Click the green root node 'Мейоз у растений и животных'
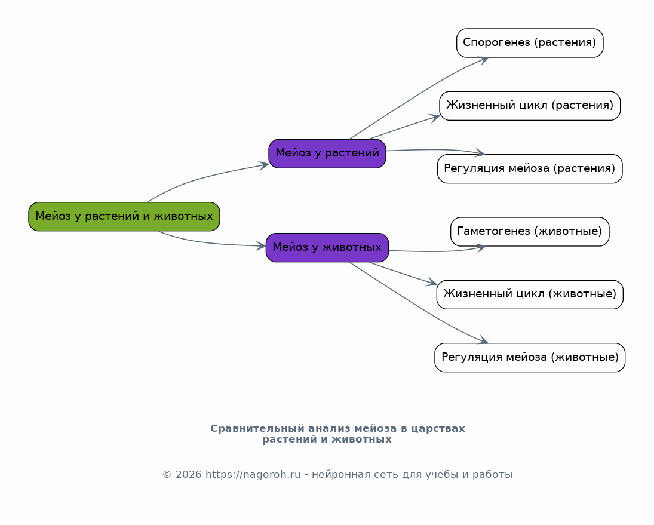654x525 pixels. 124,216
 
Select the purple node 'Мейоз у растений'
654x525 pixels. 327,153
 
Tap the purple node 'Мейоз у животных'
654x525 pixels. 327,248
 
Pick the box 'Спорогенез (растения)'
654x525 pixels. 530,43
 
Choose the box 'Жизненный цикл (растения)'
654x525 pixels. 530,106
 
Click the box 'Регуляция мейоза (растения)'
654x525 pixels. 530,169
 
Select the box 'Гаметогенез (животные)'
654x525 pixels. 530,232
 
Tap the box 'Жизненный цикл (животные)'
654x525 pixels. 530,295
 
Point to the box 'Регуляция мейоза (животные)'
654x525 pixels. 530,358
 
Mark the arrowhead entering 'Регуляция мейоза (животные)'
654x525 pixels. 483,340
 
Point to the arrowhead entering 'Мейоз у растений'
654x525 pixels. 264,165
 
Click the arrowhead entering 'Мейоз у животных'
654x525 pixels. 260,246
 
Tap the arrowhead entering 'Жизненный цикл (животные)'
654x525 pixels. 431,283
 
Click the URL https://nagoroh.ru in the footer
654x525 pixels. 253,475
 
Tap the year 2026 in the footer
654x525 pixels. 189,475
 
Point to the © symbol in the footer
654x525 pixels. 167,475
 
